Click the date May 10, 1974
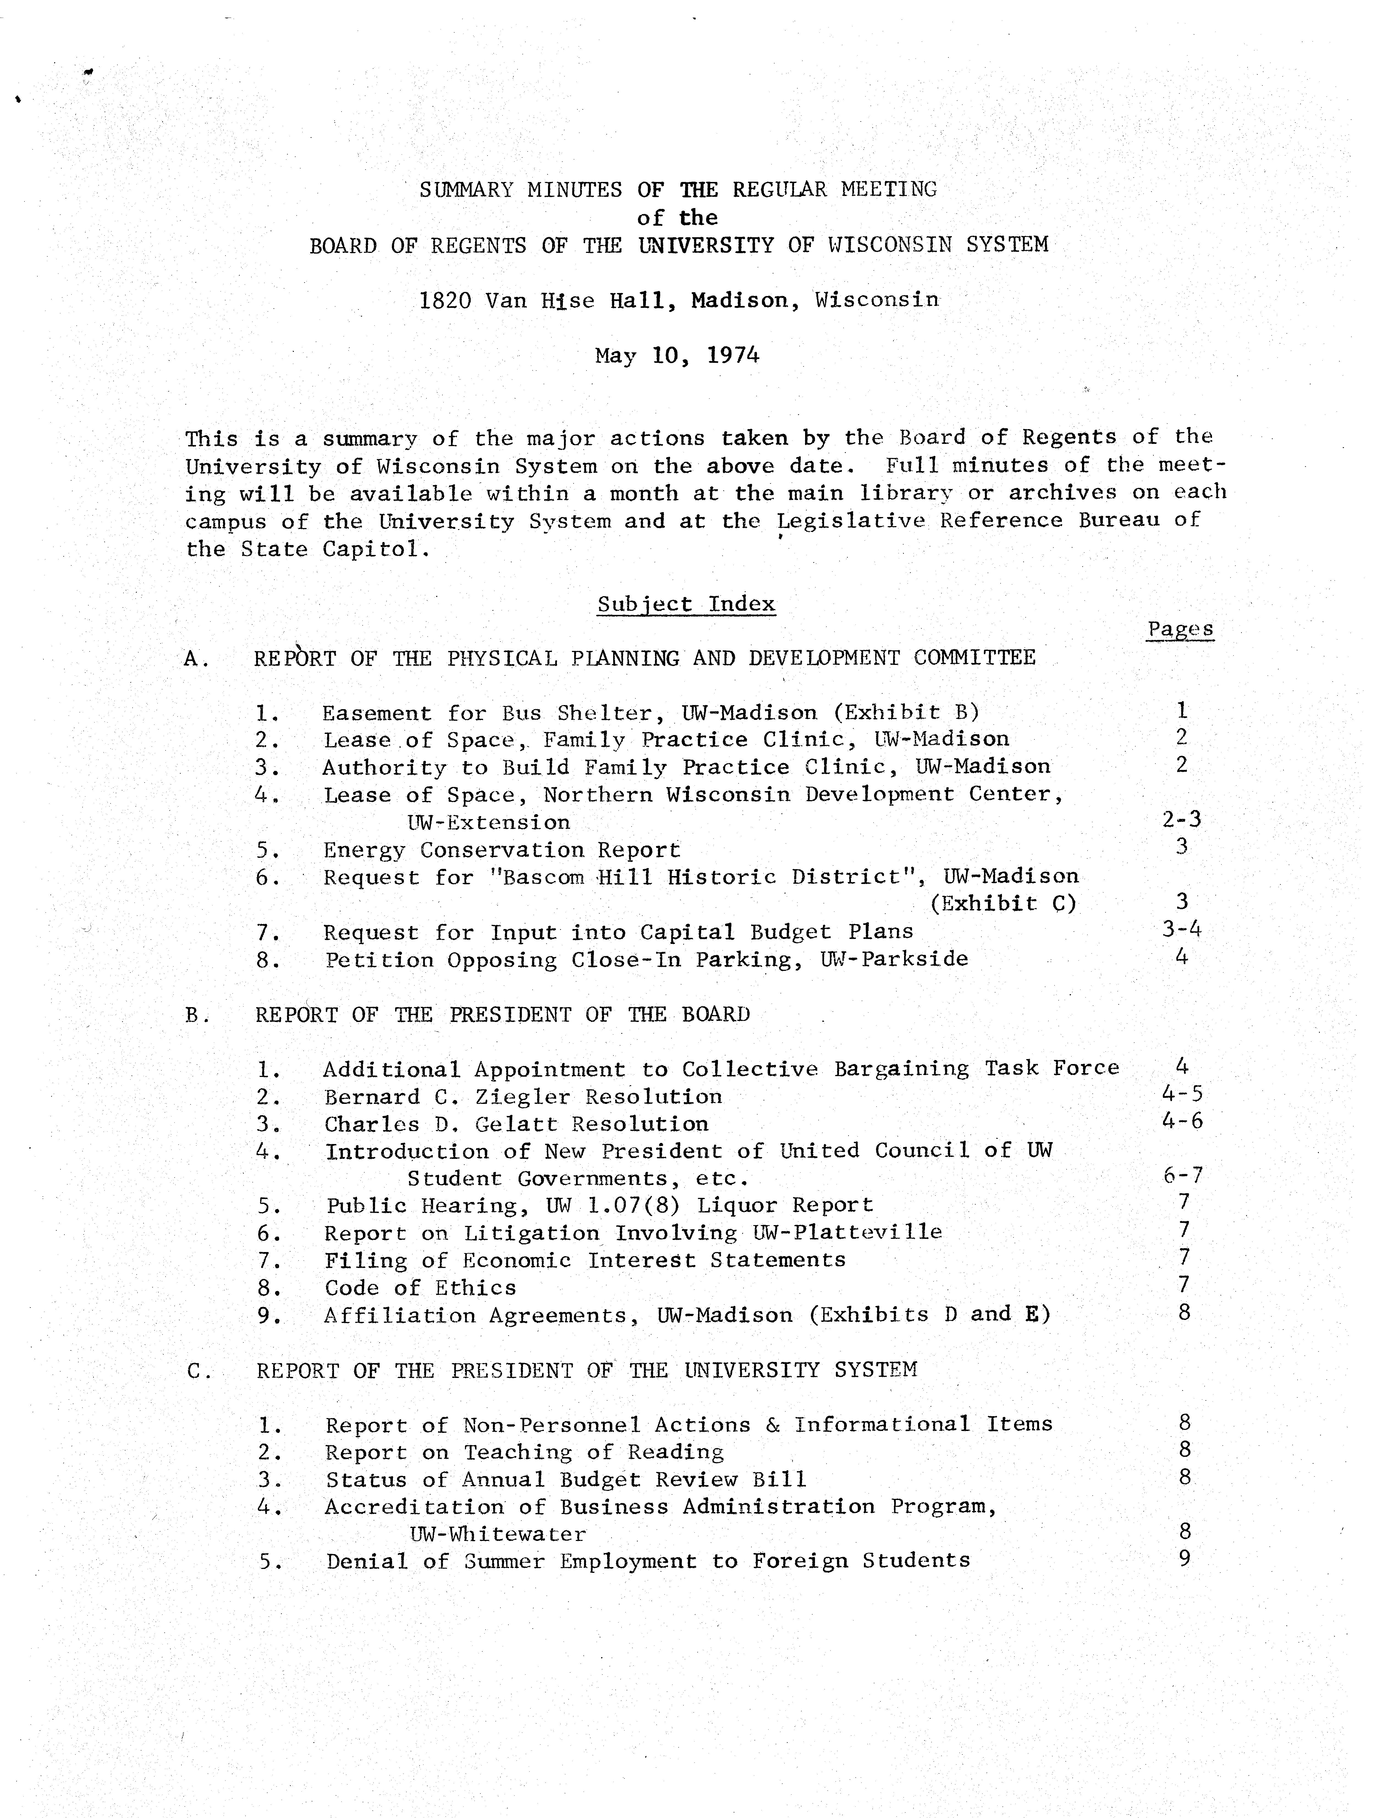point(677,356)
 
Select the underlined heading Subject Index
point(686,604)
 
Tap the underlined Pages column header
point(1180,630)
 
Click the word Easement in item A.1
point(376,713)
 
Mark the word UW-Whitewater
point(497,1534)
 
